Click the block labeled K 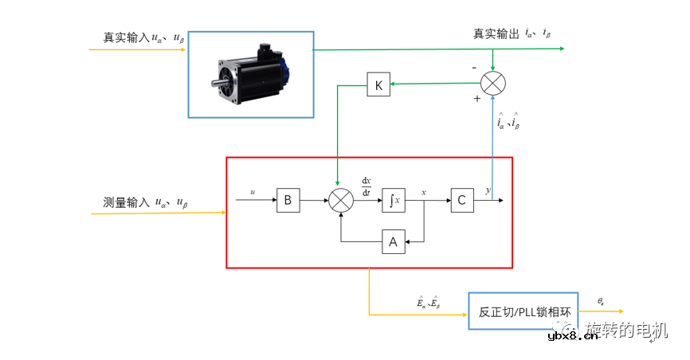[x=378, y=84]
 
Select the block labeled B [x=288, y=202]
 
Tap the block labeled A [x=393, y=242]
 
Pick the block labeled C [x=462, y=202]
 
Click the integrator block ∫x [x=394, y=202]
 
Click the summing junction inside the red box [x=340, y=202]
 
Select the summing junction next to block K [x=494, y=83]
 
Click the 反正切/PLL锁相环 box [x=523, y=311]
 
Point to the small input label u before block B [x=253, y=192]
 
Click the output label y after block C [x=488, y=191]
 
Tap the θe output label [x=601, y=301]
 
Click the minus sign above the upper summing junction [x=475, y=68]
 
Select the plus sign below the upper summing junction [x=477, y=99]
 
